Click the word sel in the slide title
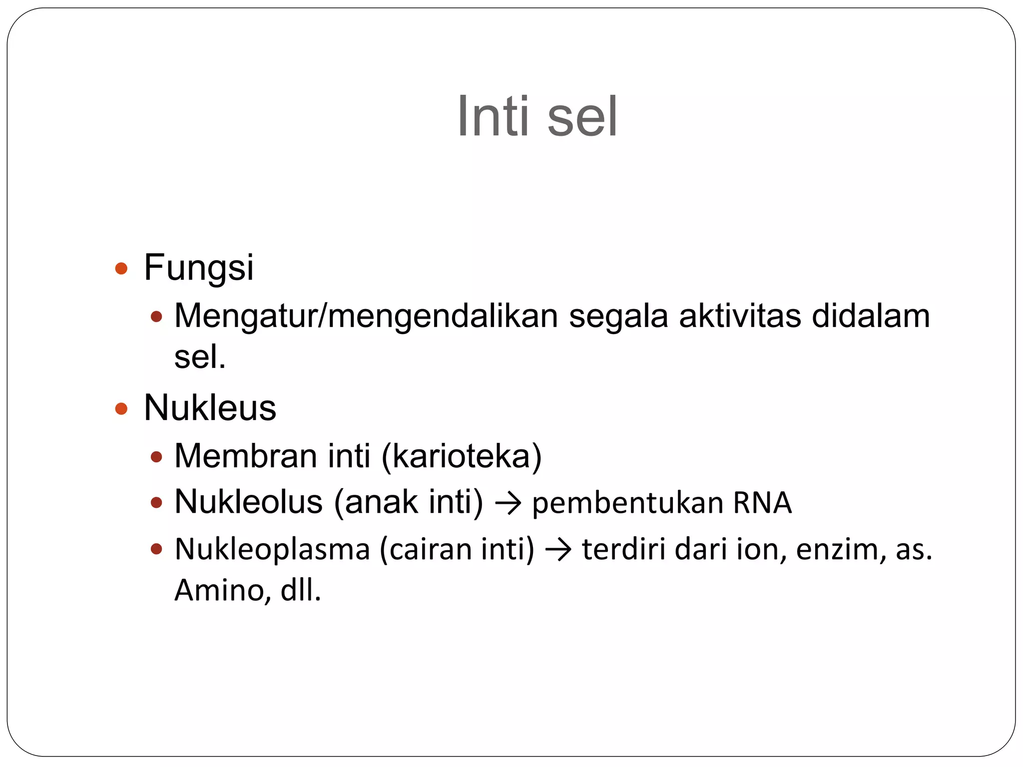pos(582,116)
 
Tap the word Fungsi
pos(199,268)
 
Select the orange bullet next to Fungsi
pos(121,269)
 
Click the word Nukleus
pos(210,408)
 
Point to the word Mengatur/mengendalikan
pos(366,317)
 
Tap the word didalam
pos(871,316)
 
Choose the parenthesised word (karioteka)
pos(462,456)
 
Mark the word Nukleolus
pos(248,502)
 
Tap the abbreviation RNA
pos(762,503)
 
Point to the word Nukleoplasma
pos(272,550)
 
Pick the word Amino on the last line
pos(220,591)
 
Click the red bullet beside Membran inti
pos(157,457)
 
